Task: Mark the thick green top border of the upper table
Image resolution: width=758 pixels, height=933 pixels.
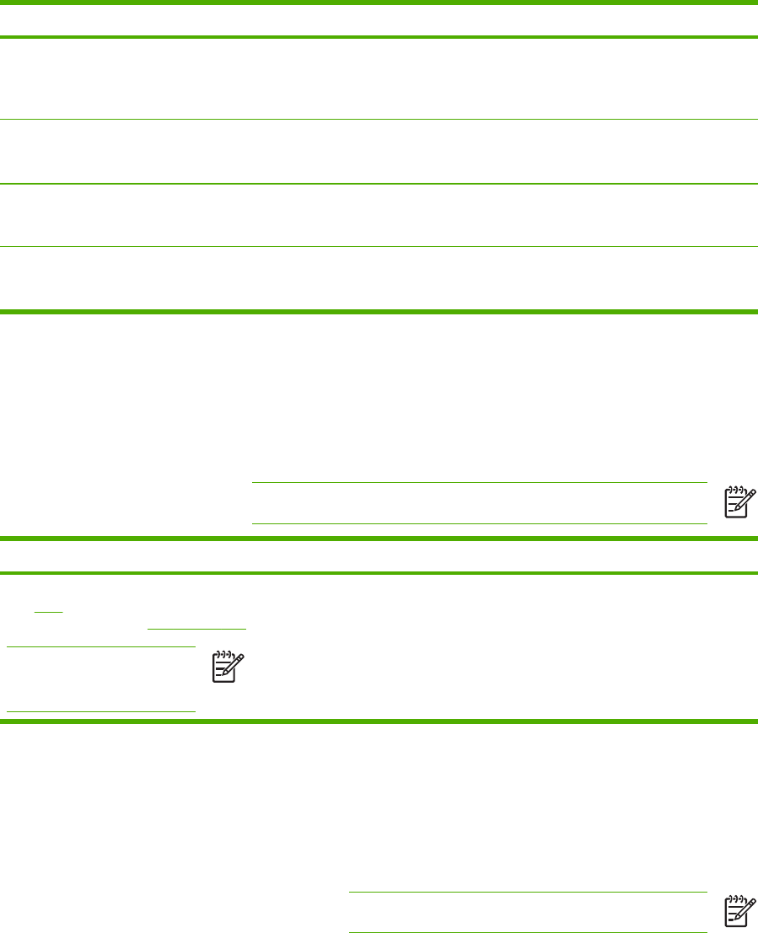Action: (x=379, y=3)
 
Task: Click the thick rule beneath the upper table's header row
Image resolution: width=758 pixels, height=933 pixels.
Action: (x=379, y=37)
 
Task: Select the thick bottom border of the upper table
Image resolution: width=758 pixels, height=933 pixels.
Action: (x=379, y=311)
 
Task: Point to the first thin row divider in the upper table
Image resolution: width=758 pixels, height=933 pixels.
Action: (x=379, y=120)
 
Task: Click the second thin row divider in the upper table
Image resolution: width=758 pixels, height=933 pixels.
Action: (x=379, y=184)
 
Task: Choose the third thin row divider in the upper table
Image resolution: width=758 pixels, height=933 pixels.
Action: (x=379, y=246)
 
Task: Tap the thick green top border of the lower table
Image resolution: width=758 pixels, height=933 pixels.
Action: (x=379, y=539)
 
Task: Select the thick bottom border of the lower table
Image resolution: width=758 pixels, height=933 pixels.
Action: (x=379, y=721)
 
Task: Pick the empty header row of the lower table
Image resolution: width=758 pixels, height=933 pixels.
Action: (x=379, y=556)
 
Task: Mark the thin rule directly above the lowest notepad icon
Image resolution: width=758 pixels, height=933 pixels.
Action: (x=527, y=893)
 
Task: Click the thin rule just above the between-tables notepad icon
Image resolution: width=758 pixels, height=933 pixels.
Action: (x=479, y=483)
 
